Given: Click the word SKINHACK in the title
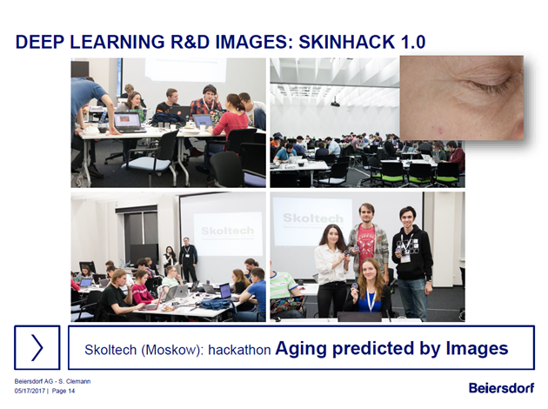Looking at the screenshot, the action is coord(347,42).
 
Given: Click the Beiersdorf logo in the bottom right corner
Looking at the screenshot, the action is coord(502,387).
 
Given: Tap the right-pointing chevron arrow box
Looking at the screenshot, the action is coord(37,347).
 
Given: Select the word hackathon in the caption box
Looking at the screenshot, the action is coord(239,350).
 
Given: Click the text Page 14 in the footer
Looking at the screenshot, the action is coord(63,391).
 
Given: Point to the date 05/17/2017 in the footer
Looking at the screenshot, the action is coord(30,391).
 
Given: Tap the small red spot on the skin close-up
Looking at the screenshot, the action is coord(438,131).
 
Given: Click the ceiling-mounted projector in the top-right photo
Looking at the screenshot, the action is coord(336,103).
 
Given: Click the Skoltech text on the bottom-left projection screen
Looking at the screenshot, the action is coord(228,231).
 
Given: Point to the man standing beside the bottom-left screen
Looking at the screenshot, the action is coord(188,258).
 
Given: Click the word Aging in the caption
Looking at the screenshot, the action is coord(301,349).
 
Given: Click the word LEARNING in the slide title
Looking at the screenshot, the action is coord(117,42).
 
